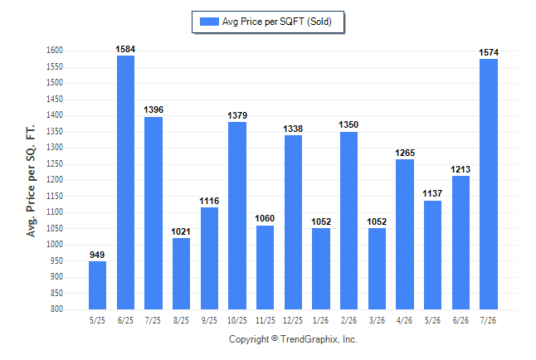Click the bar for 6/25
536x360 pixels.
coord(125,182)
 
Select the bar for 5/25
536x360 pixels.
coord(97,285)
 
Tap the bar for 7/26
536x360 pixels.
coord(489,184)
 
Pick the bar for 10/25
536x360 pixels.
coord(237,216)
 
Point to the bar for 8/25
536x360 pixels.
coord(181,274)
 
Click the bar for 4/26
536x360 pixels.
coord(405,235)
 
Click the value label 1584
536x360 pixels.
coord(125,49)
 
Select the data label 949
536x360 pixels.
coord(97,255)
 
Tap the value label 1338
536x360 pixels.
coord(293,129)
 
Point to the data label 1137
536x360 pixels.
coord(432,193)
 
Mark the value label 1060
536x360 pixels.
coord(265,218)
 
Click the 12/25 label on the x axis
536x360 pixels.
coord(293,320)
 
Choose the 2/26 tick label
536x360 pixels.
coord(348,320)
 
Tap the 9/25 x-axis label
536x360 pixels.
coord(209,320)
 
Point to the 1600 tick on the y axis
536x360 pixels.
coord(55,51)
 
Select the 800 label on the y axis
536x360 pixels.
coord(56,309)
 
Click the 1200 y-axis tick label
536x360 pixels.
coord(55,180)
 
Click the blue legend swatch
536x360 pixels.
coord(209,22)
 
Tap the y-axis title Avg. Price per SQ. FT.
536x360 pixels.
coord(31,181)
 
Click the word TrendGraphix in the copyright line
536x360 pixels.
coord(309,339)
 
